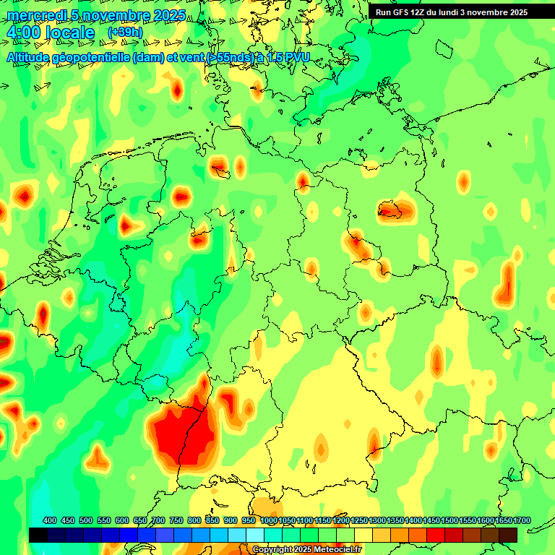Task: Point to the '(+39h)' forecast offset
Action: (125, 33)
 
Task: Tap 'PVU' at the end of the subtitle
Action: (296, 57)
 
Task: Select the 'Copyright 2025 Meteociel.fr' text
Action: (306, 550)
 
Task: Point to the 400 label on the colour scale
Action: (50, 521)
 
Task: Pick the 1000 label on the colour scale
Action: (268, 521)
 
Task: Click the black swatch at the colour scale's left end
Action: (38, 535)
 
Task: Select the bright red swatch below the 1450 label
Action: (436, 535)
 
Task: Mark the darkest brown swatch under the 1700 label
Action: (508, 535)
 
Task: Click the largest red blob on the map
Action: (182, 434)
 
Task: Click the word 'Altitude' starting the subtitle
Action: (32, 57)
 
